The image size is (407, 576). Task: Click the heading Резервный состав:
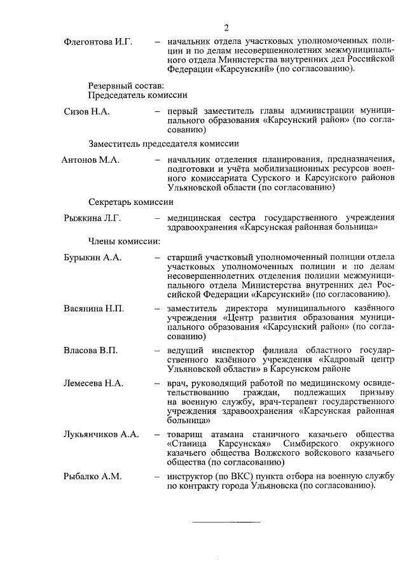coord(126,85)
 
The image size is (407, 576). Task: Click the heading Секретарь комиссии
coord(130,202)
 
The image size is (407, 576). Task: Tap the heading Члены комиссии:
coord(124,241)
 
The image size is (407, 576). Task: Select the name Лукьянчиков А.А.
coord(101,434)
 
